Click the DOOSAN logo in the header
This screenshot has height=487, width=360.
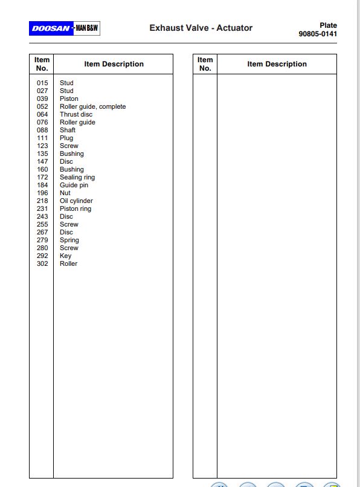(50, 28)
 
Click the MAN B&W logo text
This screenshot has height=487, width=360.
(86, 28)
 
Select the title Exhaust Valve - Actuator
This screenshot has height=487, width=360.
(201, 28)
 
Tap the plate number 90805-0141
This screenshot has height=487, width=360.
(318, 34)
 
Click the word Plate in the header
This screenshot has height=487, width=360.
(328, 25)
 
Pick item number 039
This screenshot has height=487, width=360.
(42, 98)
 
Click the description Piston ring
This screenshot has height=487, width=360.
(76, 208)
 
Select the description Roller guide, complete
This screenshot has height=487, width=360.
(92, 106)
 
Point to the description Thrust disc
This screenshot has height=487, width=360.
(76, 114)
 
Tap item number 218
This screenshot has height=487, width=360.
(42, 201)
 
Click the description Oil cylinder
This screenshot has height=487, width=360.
(76, 201)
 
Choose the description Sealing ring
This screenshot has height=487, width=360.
(77, 177)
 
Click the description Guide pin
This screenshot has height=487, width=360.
(74, 185)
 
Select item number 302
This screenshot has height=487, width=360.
(42, 263)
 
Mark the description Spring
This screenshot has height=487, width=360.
(69, 240)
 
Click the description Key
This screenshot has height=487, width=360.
(65, 256)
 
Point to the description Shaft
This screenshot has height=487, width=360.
(68, 130)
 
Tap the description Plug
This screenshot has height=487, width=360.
(66, 138)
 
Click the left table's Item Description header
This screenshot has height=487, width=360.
(114, 64)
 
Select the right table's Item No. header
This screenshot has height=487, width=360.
(205, 64)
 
